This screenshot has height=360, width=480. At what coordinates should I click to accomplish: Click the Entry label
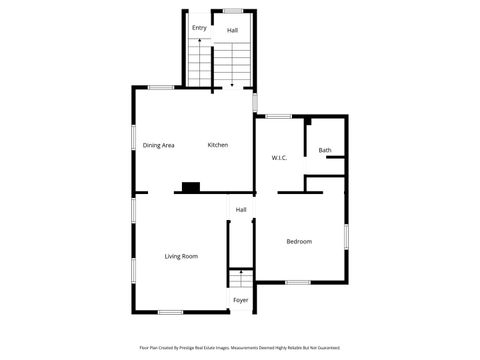199,28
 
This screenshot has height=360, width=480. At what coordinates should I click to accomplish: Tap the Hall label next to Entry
232,31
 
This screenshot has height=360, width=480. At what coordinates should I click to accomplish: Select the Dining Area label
158,145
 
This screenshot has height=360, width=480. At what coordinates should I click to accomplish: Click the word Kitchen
218,145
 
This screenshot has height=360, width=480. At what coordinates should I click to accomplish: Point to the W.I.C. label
280,158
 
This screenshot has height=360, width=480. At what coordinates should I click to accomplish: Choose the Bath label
325,151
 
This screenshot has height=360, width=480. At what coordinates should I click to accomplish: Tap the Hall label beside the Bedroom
241,210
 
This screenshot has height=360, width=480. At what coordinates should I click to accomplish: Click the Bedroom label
299,241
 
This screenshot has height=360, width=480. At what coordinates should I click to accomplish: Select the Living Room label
181,256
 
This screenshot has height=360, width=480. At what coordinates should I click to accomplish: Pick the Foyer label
241,300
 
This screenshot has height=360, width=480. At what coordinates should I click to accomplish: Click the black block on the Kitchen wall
190,186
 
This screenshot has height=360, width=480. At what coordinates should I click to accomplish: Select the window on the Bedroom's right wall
346,237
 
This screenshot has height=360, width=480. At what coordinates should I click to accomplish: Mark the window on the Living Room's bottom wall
170,312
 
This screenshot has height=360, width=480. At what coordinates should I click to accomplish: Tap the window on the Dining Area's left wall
133,138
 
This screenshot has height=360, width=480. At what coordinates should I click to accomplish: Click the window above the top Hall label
232,11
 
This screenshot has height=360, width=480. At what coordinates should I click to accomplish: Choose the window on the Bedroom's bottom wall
297,282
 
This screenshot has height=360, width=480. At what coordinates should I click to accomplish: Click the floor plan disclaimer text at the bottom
240,348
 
